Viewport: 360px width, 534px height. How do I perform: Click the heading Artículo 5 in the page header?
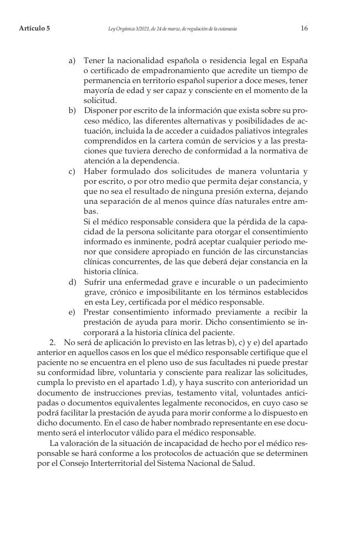[x=34, y=28]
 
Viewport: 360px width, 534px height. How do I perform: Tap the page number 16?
[x=304, y=28]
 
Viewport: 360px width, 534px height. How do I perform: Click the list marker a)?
[x=72, y=59]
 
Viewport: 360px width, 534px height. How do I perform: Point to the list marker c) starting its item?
[x=72, y=170]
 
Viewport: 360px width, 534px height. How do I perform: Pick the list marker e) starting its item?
[x=72, y=312]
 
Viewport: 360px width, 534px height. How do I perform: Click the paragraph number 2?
[x=54, y=343]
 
